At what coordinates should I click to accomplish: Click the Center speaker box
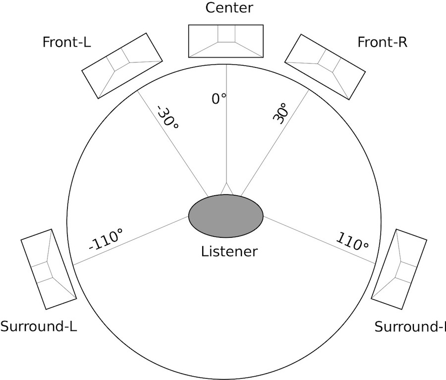(x=226, y=41)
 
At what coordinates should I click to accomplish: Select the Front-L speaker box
(x=122, y=66)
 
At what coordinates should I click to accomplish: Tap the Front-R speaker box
(x=325, y=67)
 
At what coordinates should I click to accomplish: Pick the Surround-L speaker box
(x=49, y=269)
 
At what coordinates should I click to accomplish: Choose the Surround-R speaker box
(x=399, y=269)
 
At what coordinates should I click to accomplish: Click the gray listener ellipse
(x=226, y=216)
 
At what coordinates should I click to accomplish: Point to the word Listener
(x=229, y=252)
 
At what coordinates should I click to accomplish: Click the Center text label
(x=229, y=8)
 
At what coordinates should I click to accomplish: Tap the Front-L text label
(x=66, y=42)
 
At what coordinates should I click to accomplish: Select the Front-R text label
(x=382, y=42)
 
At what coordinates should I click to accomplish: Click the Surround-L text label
(x=39, y=326)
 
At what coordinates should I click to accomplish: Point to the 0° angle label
(x=219, y=99)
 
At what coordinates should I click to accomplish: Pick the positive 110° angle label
(x=352, y=241)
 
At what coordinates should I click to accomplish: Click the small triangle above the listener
(x=226, y=189)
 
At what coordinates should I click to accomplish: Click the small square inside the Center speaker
(x=226, y=34)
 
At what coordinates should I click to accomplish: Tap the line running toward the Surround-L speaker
(x=130, y=241)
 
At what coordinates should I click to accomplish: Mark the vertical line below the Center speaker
(x=226, y=123)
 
